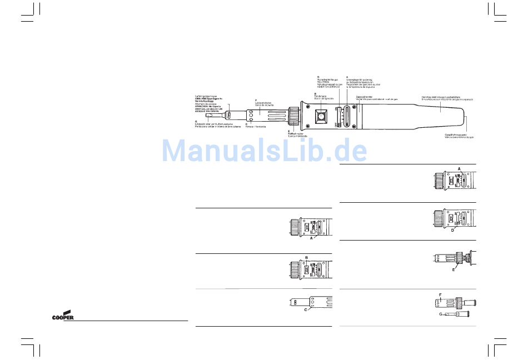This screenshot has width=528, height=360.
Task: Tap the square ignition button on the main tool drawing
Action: [321, 117]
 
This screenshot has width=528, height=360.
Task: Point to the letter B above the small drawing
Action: [306, 257]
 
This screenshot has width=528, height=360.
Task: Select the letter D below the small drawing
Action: [452, 231]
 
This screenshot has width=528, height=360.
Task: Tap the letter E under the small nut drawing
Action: [454, 269]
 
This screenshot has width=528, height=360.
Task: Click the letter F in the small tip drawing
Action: [440, 294]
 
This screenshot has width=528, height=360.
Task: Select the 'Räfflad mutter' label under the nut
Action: [296, 133]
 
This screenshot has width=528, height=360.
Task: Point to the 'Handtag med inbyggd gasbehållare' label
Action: [441, 96]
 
